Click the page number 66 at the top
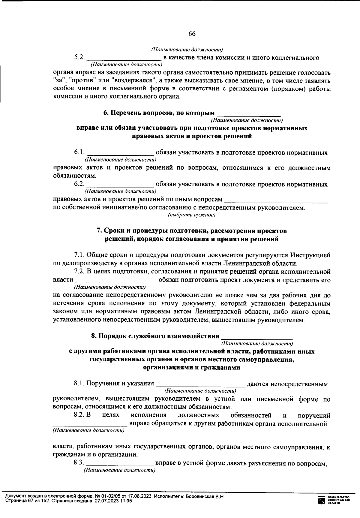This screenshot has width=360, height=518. tap(192, 34)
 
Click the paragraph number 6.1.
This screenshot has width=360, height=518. tap(79, 152)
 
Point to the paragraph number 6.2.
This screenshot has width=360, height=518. tap(79, 184)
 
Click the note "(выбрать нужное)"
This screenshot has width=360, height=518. tap(192, 215)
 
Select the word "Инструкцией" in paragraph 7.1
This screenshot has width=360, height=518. tap(310, 255)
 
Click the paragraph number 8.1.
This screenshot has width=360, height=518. tap(79, 384)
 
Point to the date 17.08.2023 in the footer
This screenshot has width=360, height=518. tap(140, 497)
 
